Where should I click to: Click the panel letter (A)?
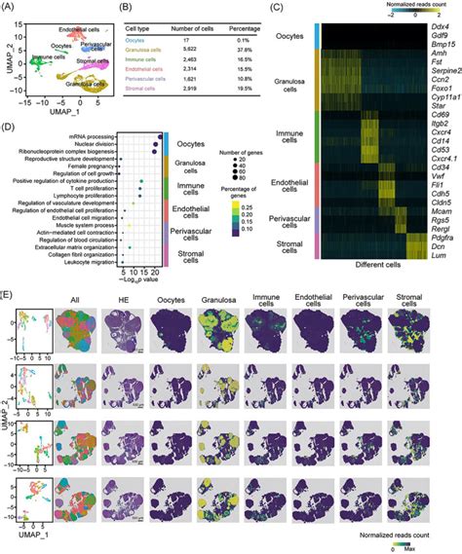[x=11, y=6]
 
